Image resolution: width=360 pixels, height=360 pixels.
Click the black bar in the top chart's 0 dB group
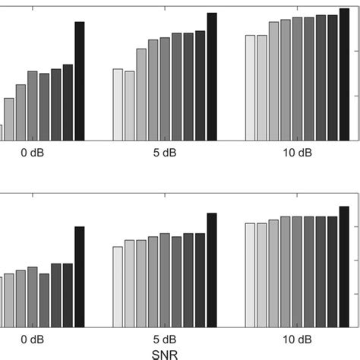click(x=80, y=81)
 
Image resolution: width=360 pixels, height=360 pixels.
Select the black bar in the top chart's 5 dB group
click(x=212, y=77)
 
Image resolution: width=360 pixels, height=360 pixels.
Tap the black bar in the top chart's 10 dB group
click(x=344, y=77)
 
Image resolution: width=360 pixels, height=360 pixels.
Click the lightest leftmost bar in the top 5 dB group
click(x=118, y=105)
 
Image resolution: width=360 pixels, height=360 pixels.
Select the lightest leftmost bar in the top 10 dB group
click(x=250, y=87)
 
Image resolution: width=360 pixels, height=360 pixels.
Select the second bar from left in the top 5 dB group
click(x=130, y=106)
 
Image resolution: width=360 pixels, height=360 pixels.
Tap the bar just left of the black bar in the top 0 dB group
click(x=68, y=103)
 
